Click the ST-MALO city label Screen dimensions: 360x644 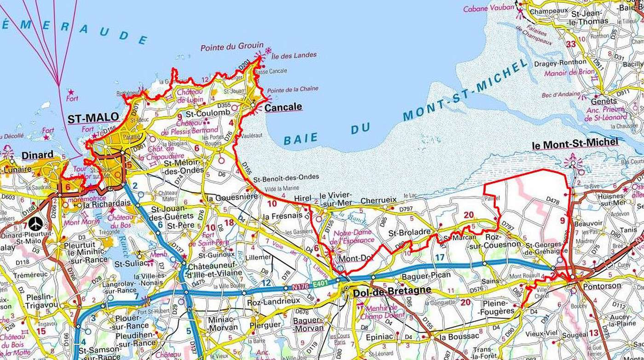(x=93, y=119)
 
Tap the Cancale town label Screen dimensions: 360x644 (x=283, y=107)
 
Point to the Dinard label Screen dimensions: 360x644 (x=37, y=154)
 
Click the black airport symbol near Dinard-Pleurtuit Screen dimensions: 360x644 (x=35, y=224)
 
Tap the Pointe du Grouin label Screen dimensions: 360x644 (x=232, y=46)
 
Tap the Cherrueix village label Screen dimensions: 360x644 (x=379, y=201)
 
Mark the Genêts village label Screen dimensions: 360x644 (x=604, y=101)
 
